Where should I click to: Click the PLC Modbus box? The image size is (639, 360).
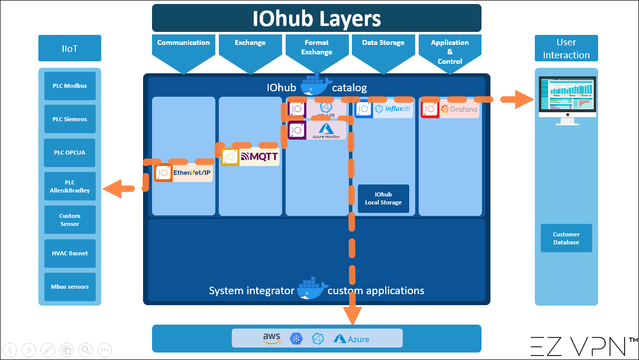70,86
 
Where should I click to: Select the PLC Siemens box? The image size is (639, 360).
70,119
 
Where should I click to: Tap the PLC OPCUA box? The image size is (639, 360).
70,153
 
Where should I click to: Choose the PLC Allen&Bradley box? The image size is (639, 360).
70,186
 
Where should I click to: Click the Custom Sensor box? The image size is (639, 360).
70,220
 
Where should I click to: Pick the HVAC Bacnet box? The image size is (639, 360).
70,253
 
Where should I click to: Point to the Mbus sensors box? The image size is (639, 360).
70,287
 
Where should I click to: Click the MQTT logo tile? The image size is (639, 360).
250,157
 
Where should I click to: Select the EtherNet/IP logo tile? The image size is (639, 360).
184,173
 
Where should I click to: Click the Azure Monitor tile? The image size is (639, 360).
318,131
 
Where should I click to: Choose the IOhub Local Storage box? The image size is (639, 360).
383,198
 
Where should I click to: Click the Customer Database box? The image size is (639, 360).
566,238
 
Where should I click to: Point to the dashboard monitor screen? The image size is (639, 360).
567,95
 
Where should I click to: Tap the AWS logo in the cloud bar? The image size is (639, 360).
272,338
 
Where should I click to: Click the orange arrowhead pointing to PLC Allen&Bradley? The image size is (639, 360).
112,189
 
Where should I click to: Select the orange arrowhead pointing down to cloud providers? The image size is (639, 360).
352,314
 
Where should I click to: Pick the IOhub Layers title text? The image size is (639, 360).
317,18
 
